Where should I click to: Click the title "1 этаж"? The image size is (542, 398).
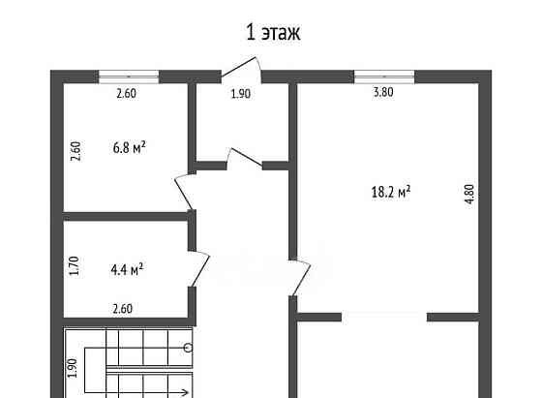(x=273, y=33)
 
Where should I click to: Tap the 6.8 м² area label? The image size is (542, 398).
(x=130, y=147)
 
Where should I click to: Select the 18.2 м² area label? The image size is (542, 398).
(x=391, y=192)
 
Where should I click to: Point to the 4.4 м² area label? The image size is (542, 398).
(x=127, y=269)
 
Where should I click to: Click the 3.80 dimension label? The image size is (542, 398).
(x=383, y=92)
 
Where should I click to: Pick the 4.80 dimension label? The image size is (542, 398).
(x=469, y=194)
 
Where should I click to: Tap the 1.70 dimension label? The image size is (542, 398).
(x=74, y=265)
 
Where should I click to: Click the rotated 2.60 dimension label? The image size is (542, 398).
(x=75, y=151)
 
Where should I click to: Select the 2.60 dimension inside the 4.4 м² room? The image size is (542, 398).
(x=122, y=309)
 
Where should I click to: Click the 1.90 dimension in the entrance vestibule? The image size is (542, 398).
(x=241, y=93)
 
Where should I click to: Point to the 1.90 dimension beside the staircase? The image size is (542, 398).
(x=73, y=368)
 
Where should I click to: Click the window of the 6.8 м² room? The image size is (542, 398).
(x=129, y=77)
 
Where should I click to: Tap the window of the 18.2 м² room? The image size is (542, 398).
(x=384, y=77)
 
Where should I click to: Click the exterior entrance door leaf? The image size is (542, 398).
(x=238, y=67)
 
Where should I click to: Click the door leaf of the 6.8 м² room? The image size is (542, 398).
(x=184, y=194)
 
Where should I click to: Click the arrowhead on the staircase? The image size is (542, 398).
(x=185, y=392)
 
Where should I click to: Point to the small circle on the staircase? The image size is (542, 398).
(x=189, y=348)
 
